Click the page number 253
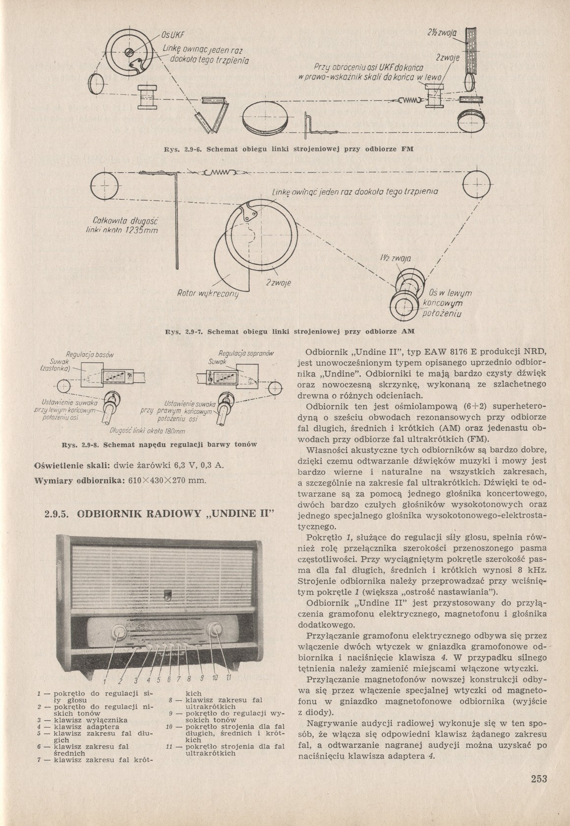coord(539,779)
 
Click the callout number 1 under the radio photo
coord(104,681)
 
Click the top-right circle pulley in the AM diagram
coord(477,184)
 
